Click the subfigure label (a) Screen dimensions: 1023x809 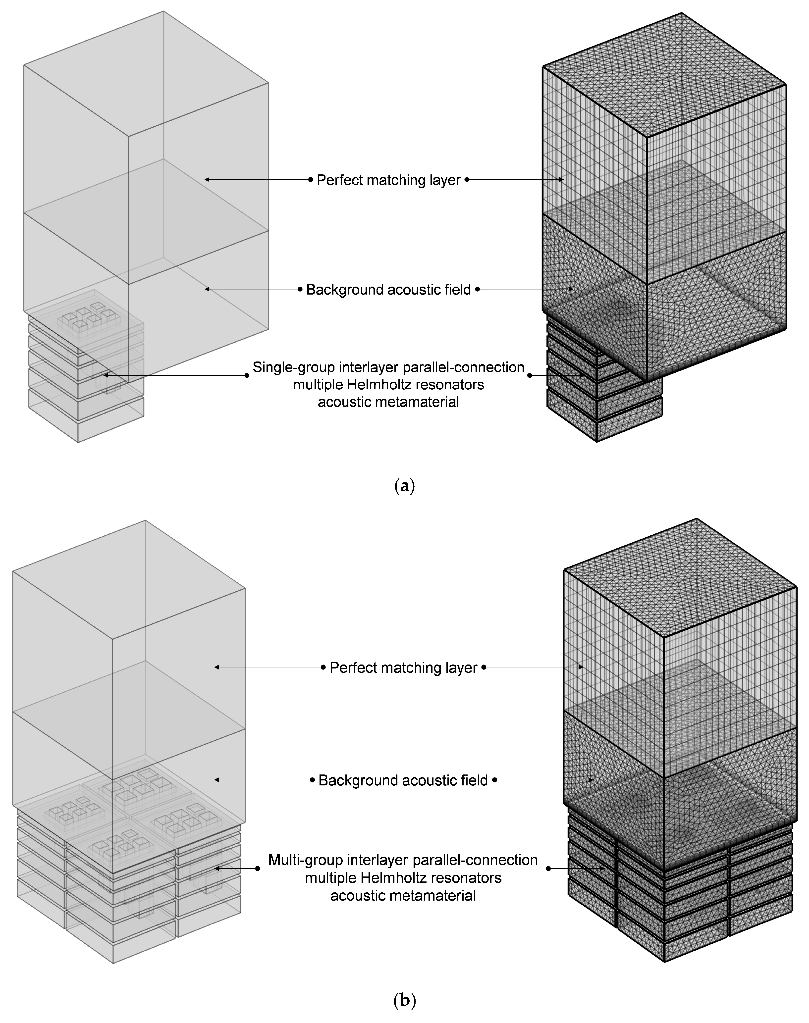tap(404, 486)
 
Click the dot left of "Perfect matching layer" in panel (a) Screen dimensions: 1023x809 tap(311, 180)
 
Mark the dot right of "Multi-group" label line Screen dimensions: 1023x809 tap(548, 869)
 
